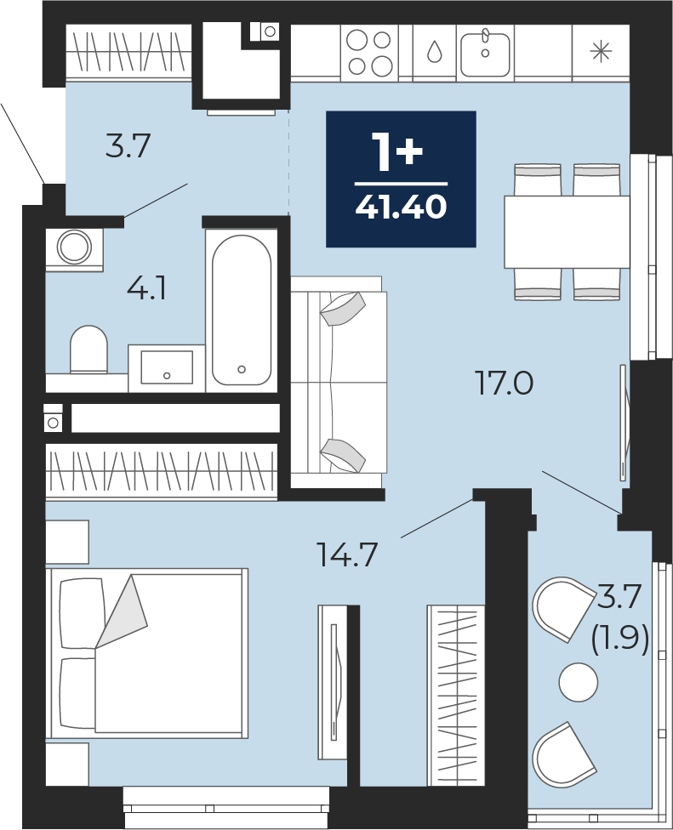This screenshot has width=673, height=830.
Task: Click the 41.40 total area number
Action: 402,207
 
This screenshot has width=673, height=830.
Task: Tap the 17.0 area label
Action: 505,384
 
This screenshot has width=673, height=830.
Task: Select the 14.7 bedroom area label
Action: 347,554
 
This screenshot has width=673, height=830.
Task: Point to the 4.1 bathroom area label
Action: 146,289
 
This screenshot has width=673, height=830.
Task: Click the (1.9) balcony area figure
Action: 619,641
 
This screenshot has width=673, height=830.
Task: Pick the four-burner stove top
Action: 369,53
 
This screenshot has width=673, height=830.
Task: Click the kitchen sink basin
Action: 485,54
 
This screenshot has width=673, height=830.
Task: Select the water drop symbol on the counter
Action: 435,51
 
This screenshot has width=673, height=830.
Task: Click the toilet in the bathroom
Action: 89,349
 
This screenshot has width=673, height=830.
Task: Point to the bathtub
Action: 242,310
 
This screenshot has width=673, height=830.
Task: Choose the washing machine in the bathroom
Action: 74,247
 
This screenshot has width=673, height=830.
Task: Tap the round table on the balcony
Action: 579,682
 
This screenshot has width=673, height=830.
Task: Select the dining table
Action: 567,232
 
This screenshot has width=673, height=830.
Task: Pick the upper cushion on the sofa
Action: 343,310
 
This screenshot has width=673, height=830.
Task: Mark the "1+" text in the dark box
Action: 397,152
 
